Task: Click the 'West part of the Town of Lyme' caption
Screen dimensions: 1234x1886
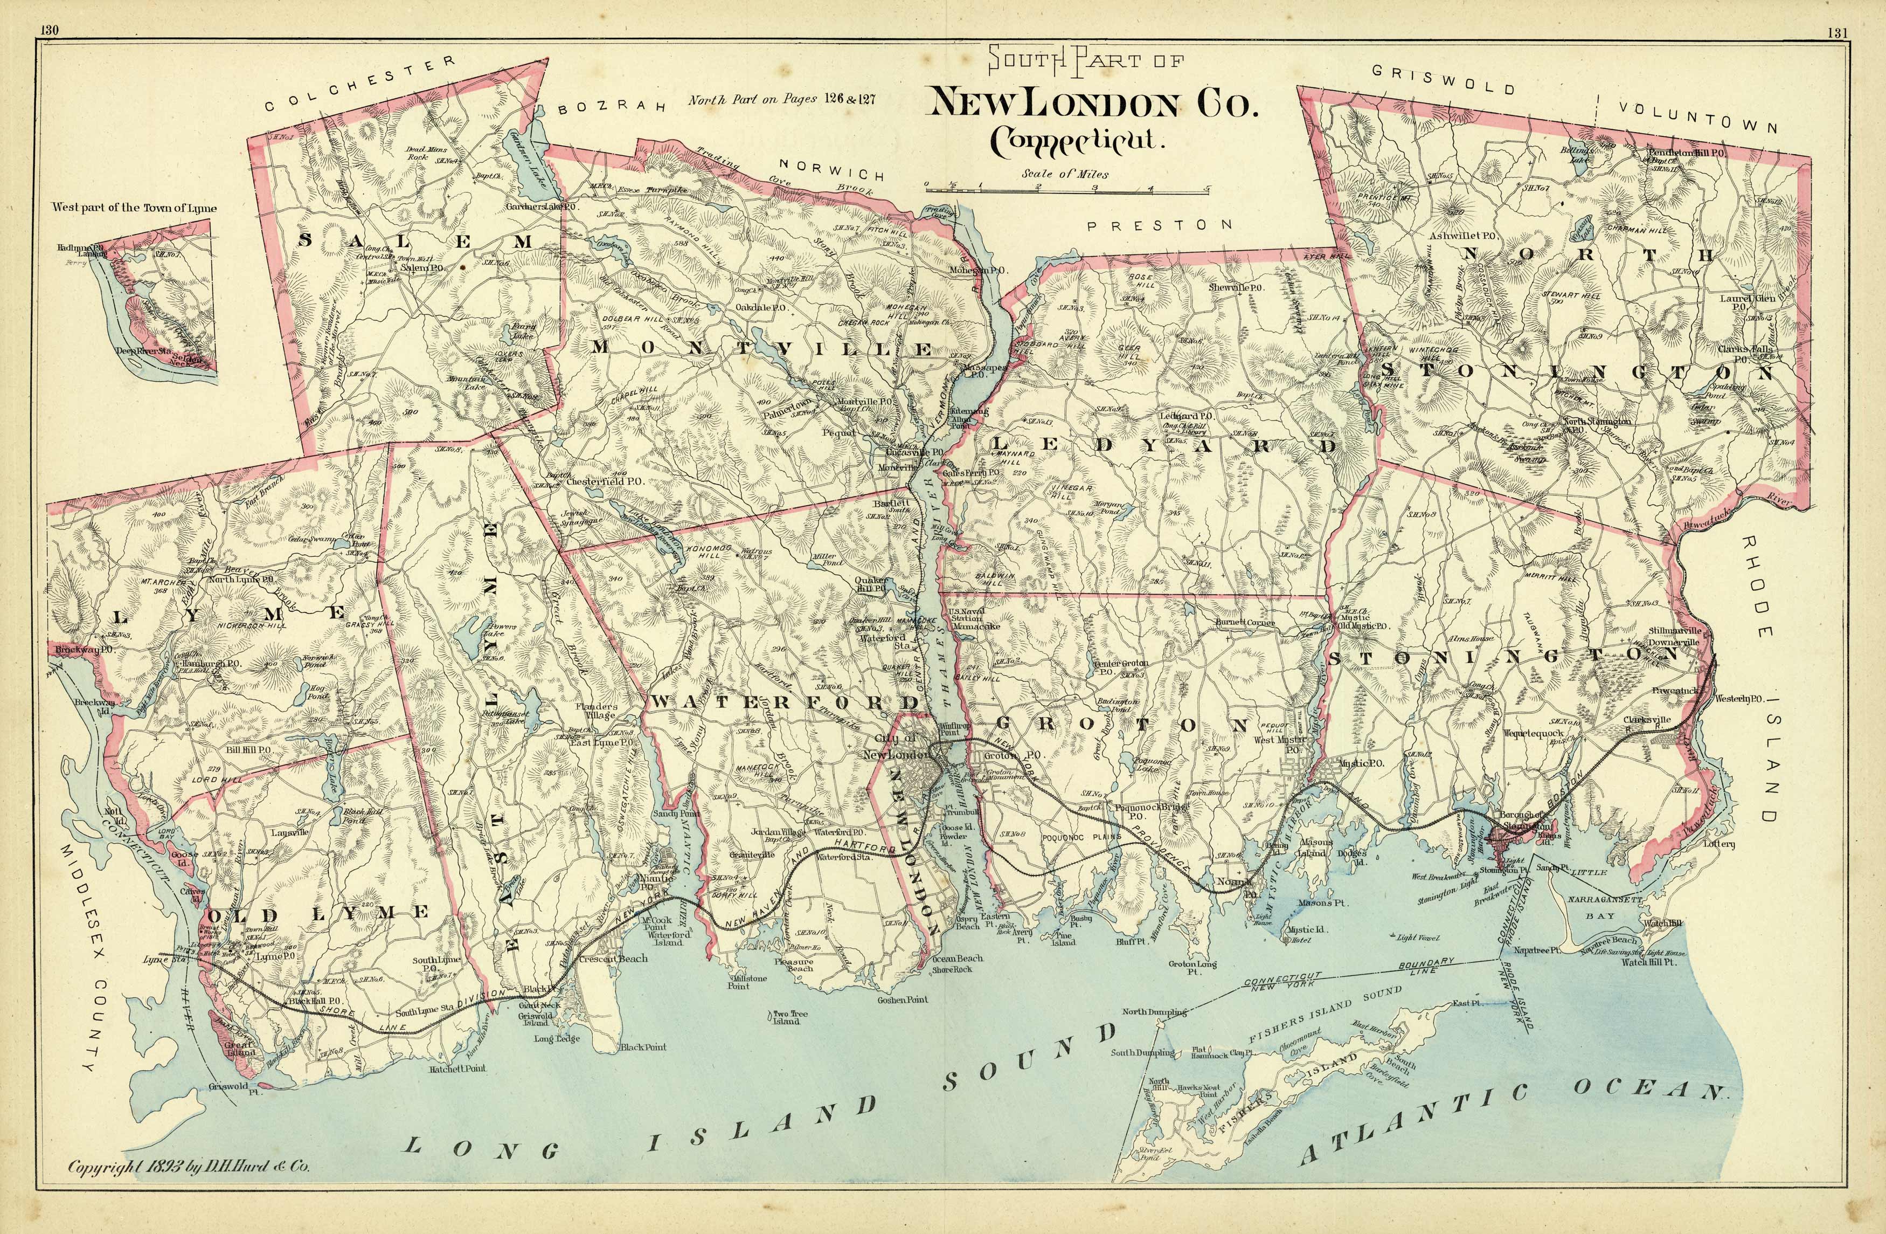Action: [134, 208]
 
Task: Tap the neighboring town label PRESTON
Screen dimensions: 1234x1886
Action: [1159, 226]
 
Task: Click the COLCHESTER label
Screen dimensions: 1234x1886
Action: [360, 84]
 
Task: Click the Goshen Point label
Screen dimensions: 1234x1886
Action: [902, 1000]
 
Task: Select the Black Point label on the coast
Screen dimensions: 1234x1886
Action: [643, 1047]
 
